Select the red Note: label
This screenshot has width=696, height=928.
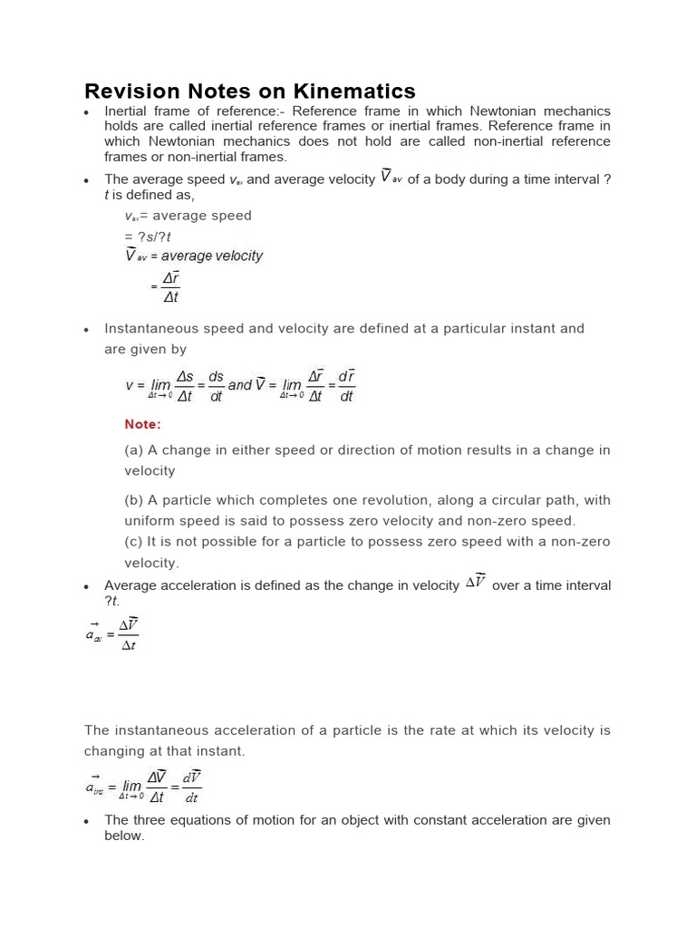click(x=142, y=424)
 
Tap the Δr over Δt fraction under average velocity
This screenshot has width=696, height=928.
click(x=170, y=287)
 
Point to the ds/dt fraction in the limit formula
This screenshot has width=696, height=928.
click(x=216, y=385)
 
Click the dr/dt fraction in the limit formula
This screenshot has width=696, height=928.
click(x=346, y=385)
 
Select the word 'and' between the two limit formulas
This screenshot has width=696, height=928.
click(x=239, y=385)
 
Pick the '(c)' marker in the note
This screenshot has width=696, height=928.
click(x=134, y=542)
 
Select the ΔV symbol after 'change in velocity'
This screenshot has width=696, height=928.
click(x=476, y=583)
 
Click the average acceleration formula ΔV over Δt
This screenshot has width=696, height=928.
click(x=128, y=635)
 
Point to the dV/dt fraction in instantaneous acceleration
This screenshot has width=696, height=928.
click(x=191, y=787)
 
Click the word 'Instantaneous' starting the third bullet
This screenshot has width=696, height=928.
click(x=150, y=329)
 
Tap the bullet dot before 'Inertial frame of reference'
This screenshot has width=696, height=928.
click(x=85, y=112)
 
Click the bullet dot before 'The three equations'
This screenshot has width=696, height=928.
click(x=85, y=821)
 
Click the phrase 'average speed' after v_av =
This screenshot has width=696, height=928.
click(x=208, y=216)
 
